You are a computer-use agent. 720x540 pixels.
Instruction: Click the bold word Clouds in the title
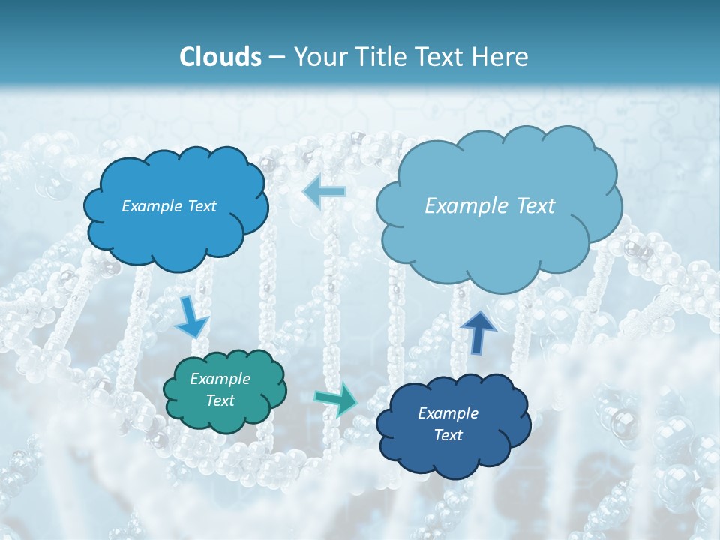coord(220,57)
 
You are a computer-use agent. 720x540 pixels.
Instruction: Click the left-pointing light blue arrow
coord(324,191)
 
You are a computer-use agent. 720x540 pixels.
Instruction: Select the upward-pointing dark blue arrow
coord(478,331)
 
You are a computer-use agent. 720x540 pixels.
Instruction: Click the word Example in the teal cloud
coord(220,379)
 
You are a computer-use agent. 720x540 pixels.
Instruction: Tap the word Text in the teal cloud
coord(220,400)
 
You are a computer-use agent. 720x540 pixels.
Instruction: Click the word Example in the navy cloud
coord(448,413)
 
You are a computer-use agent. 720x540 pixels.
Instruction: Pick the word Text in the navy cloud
coord(448,435)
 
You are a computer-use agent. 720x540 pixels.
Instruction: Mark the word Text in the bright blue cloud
coord(202,206)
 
